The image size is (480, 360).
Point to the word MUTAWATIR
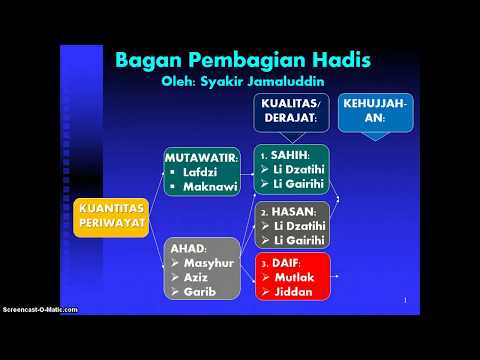point(203,158)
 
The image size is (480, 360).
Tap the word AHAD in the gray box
point(189,247)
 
